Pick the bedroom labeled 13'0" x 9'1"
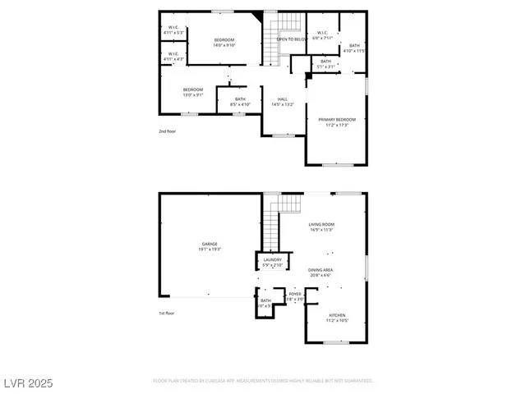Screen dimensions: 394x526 (193, 91)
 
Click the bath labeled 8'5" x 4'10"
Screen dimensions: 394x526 (240, 102)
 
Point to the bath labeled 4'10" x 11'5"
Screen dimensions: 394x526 (354, 48)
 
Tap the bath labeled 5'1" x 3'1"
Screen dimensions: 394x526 (325, 63)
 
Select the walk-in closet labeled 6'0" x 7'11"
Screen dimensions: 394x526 (323, 35)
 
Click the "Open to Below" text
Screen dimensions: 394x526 (292, 39)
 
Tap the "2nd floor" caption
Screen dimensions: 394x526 (167, 131)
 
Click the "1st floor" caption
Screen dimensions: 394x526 (166, 313)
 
